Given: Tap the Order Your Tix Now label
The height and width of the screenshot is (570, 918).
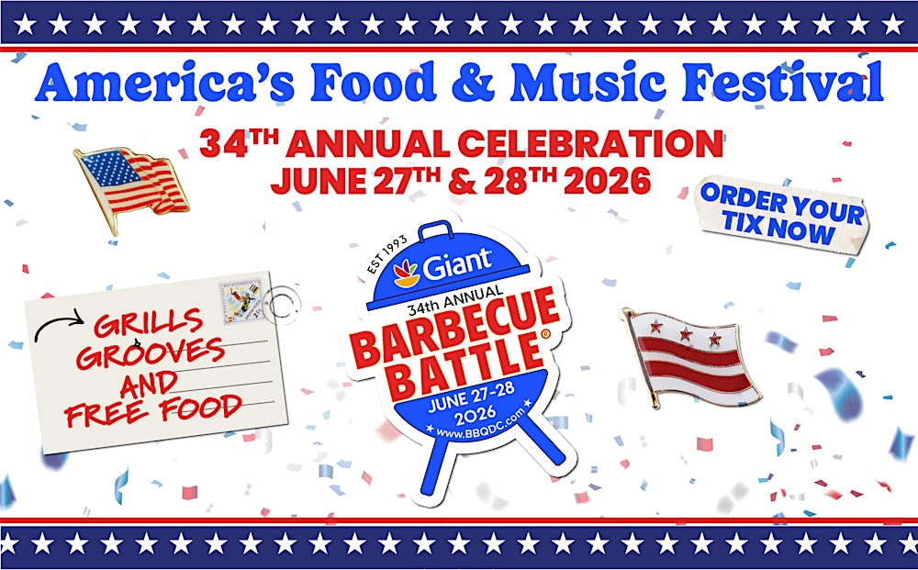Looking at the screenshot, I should click(x=781, y=213).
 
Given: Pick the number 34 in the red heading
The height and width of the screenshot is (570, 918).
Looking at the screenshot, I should click(x=221, y=145).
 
